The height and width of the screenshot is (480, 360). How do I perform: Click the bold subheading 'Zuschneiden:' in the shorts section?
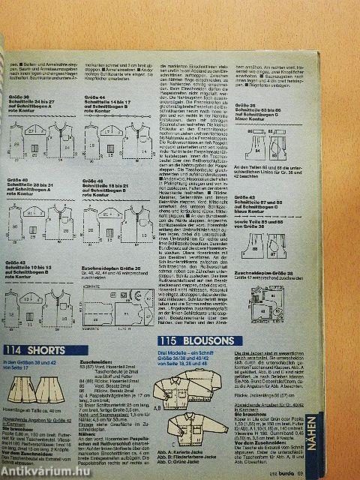93,359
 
